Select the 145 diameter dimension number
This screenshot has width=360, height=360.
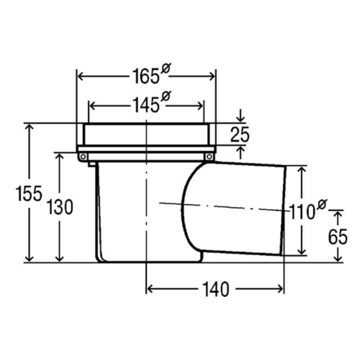click(146, 105)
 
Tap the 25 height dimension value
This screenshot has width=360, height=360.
click(240, 134)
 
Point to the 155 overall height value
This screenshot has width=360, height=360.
click(29, 193)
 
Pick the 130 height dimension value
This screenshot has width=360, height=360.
click(60, 207)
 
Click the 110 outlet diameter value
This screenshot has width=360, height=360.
click(301, 212)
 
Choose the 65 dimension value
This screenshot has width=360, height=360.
click(338, 237)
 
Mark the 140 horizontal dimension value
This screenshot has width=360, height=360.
click(216, 289)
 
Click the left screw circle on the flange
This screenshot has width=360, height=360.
click(83, 157)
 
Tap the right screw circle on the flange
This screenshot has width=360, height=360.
click(209, 157)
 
